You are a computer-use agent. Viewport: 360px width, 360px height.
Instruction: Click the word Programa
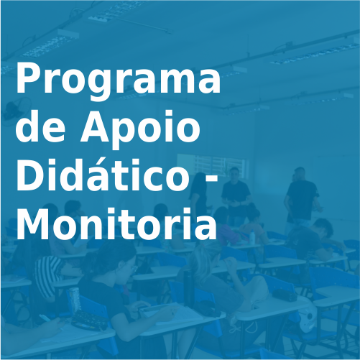point(118,80)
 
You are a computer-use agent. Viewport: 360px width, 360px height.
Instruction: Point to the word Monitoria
point(116,224)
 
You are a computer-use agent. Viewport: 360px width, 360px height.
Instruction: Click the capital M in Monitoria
point(32,224)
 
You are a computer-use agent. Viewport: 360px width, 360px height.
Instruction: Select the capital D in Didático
point(29,176)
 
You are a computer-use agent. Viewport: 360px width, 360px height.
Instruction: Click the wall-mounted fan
point(12,109)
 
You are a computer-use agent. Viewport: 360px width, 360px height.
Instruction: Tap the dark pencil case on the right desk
point(285,293)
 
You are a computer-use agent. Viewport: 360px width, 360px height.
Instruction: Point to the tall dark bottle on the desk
point(189,284)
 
